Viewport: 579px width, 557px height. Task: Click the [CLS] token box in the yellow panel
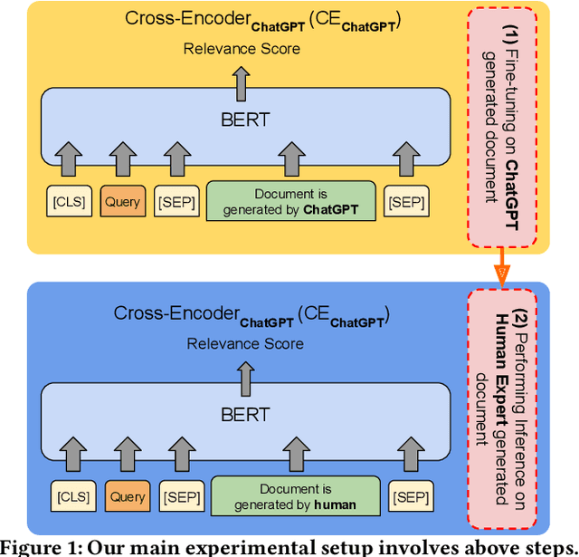pyautogui.click(x=69, y=201)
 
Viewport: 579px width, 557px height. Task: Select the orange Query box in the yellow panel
pyautogui.click(x=121, y=201)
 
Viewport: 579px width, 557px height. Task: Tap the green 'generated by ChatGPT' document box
pyautogui.click(x=290, y=201)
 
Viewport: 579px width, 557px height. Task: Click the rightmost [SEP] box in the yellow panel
pyautogui.click(x=406, y=201)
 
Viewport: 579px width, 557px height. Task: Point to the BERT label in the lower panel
pyautogui.click(x=245, y=414)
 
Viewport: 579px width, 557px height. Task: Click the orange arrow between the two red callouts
pyautogui.click(x=499, y=269)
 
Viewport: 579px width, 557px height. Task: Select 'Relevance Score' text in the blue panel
pyautogui.click(x=245, y=344)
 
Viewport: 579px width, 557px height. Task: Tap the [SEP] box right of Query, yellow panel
pyautogui.click(x=176, y=201)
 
